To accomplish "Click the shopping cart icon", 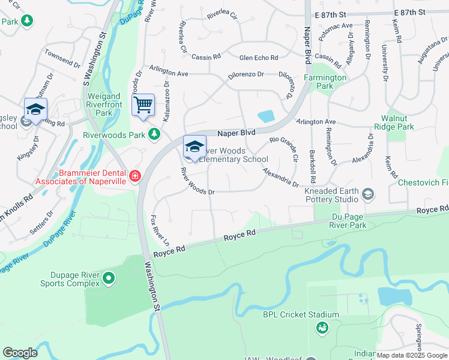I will click(x=143, y=105).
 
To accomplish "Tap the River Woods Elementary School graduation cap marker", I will click(x=194, y=146).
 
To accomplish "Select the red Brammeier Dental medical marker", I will click(x=134, y=176).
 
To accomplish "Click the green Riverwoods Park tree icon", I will click(x=154, y=134).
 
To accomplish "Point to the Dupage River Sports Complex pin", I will click(x=109, y=278).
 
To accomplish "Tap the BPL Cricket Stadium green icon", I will click(x=322, y=328).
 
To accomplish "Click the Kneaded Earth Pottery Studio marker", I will click(x=368, y=194).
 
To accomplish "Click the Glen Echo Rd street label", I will click(x=258, y=58).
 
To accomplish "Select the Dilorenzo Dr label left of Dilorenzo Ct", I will click(x=246, y=74).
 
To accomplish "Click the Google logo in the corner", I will click(x=20, y=353).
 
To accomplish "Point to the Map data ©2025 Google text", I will click(x=411, y=355).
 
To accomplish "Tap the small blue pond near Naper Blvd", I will click(x=265, y=116).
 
